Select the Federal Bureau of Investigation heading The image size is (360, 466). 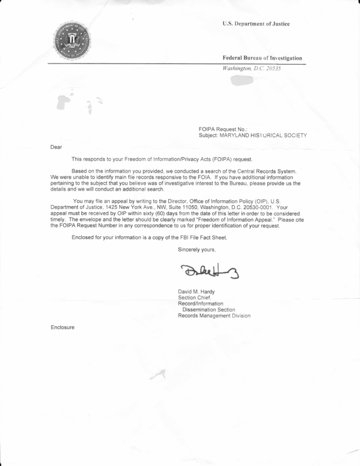pos(262,58)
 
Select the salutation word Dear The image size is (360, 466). pos(56,147)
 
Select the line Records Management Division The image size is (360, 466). pos(214,316)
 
